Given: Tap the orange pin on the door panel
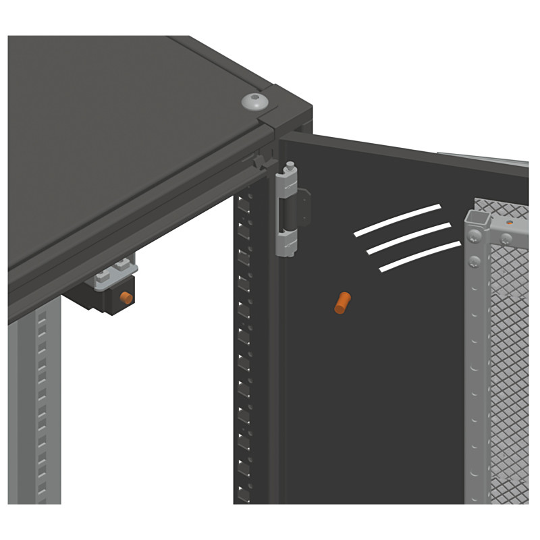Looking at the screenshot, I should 342,302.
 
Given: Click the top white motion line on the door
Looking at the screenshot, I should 397,220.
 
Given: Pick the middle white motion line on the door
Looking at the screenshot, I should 408,238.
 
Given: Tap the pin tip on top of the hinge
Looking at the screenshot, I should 289,165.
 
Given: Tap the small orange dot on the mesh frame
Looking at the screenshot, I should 510,222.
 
